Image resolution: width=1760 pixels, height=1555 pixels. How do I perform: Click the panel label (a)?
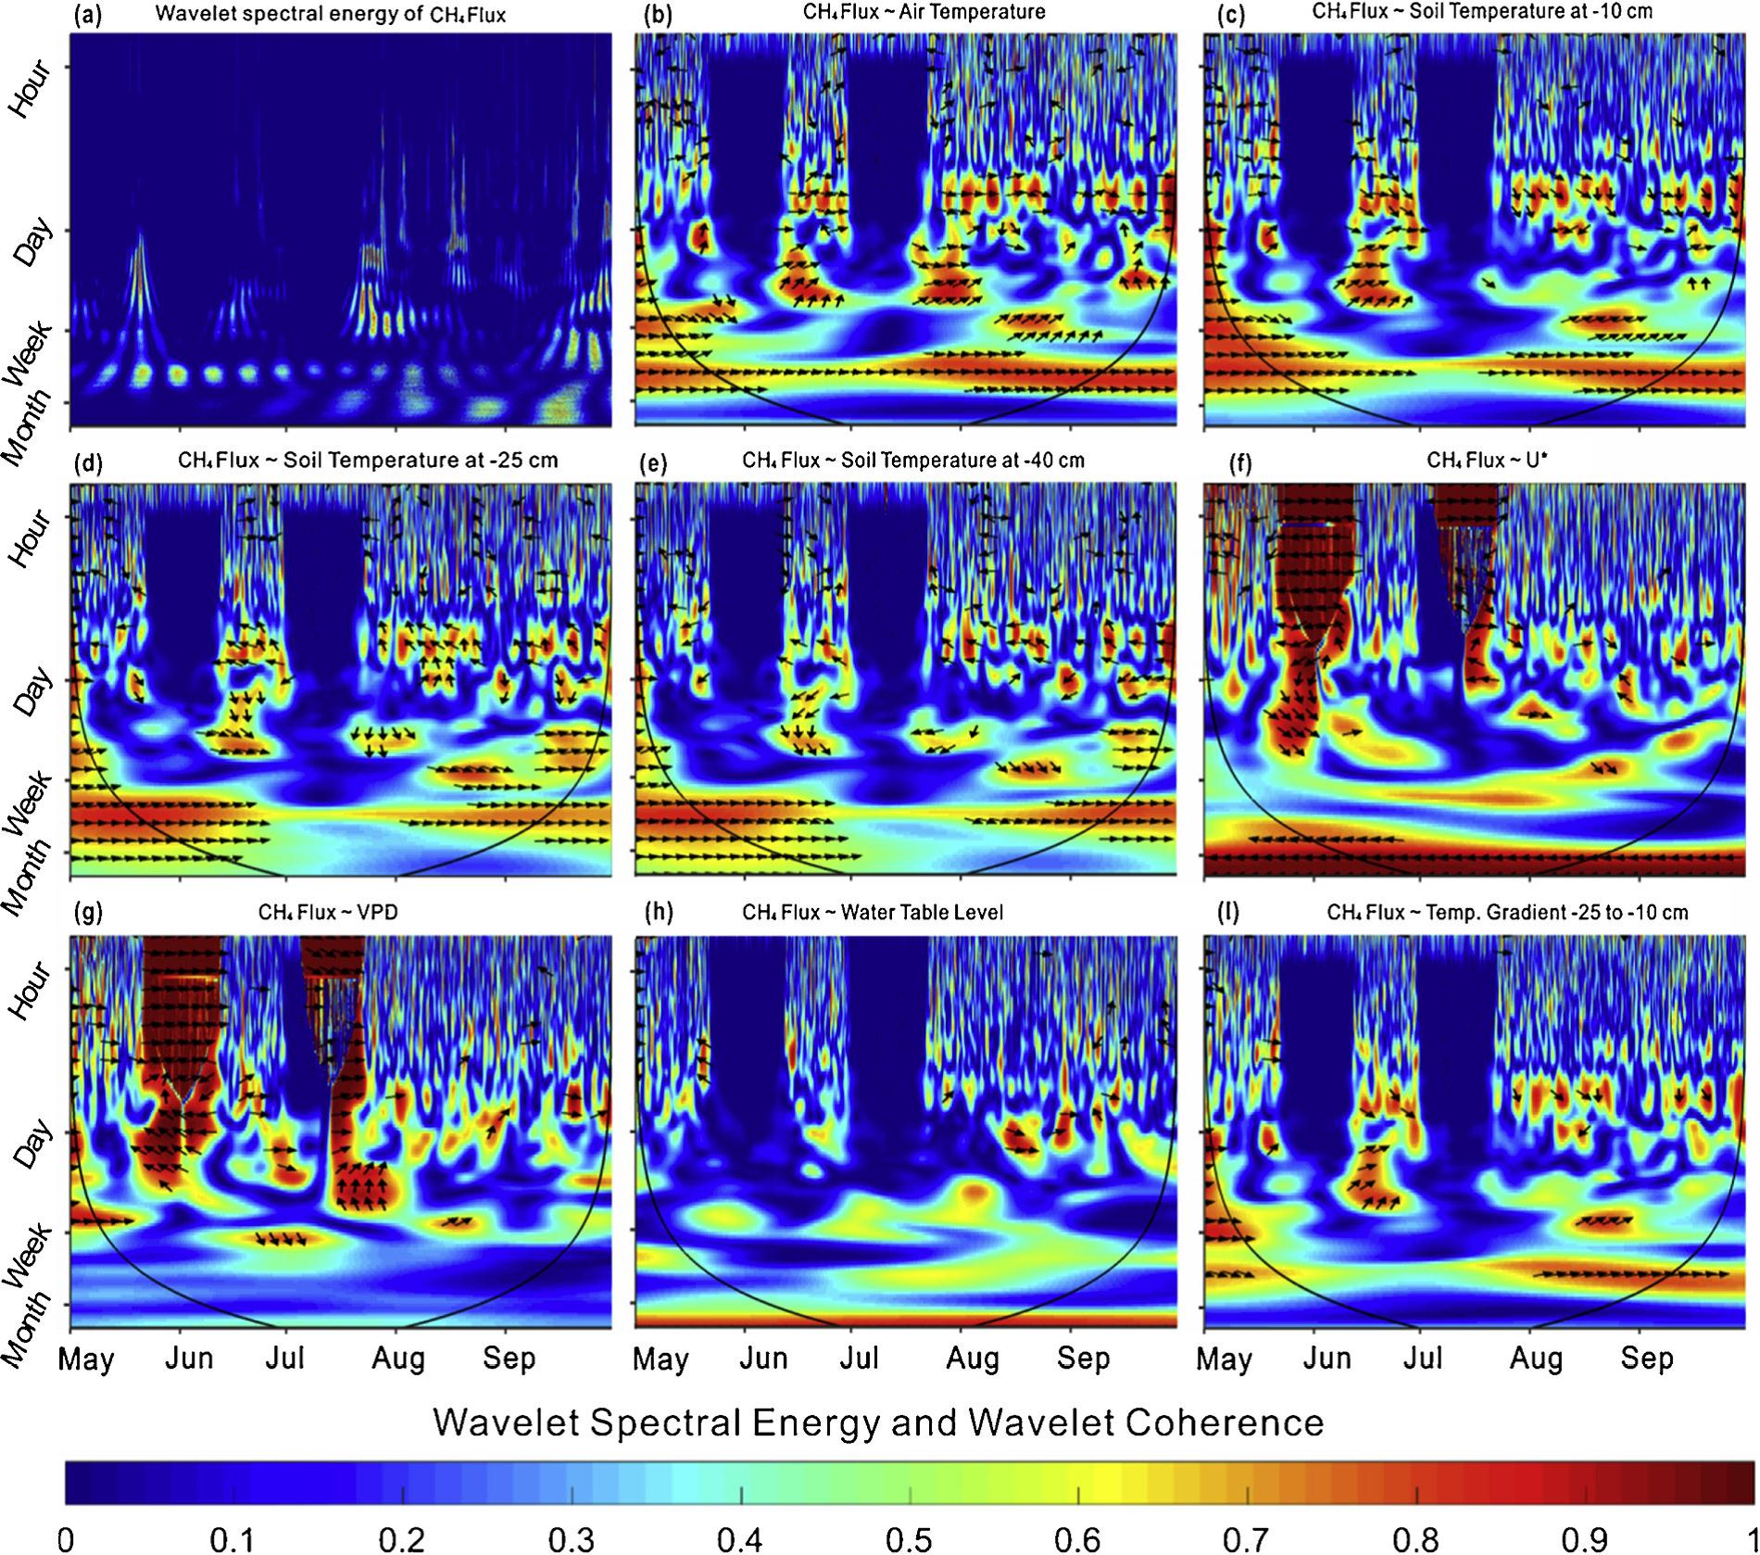(x=88, y=14)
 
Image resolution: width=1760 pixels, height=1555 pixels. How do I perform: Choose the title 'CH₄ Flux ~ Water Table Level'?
(x=873, y=913)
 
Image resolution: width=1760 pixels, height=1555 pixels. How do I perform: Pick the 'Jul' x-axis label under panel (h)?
(x=860, y=1359)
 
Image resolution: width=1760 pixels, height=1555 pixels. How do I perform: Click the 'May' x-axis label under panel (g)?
(x=85, y=1359)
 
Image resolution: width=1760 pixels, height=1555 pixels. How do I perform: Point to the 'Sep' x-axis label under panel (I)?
(x=1647, y=1359)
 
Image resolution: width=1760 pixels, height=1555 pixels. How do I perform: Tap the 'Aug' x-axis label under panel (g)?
(x=398, y=1359)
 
